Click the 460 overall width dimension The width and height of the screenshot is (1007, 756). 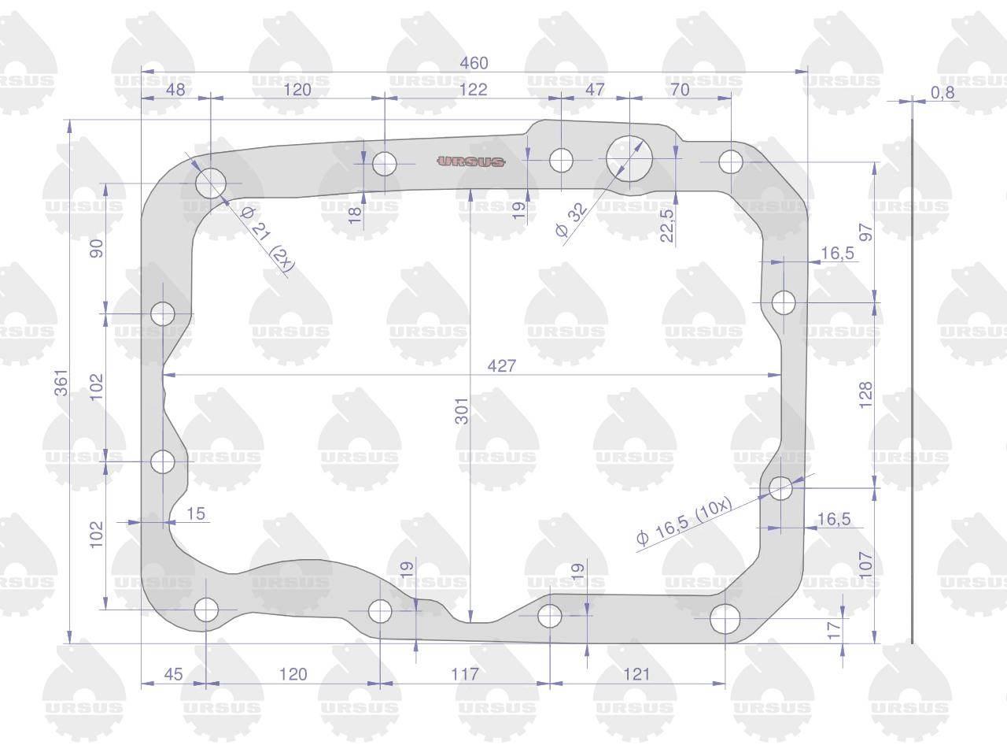click(x=474, y=63)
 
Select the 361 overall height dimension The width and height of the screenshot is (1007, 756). click(x=61, y=383)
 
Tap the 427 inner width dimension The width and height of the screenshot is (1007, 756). click(x=501, y=366)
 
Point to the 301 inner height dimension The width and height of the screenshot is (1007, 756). click(x=462, y=411)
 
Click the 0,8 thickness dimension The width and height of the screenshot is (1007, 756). click(x=942, y=93)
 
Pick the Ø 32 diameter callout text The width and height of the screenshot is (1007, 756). click(x=570, y=220)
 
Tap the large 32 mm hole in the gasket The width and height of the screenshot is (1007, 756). click(x=629, y=158)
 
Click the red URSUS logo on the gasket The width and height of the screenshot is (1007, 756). click(x=471, y=161)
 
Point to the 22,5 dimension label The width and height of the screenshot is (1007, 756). click(x=667, y=225)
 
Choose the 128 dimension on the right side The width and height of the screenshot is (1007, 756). click(x=865, y=395)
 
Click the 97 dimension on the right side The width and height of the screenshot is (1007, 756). click(x=866, y=232)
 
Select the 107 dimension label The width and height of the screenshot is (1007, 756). click(x=865, y=565)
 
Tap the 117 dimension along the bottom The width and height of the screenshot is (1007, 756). click(x=465, y=674)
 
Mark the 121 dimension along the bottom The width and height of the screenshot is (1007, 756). click(x=636, y=674)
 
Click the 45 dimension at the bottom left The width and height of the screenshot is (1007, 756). click(x=173, y=674)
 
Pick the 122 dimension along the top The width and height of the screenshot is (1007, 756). click(x=473, y=89)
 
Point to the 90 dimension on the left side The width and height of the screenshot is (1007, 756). click(x=97, y=248)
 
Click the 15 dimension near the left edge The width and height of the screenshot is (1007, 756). click(x=196, y=513)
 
